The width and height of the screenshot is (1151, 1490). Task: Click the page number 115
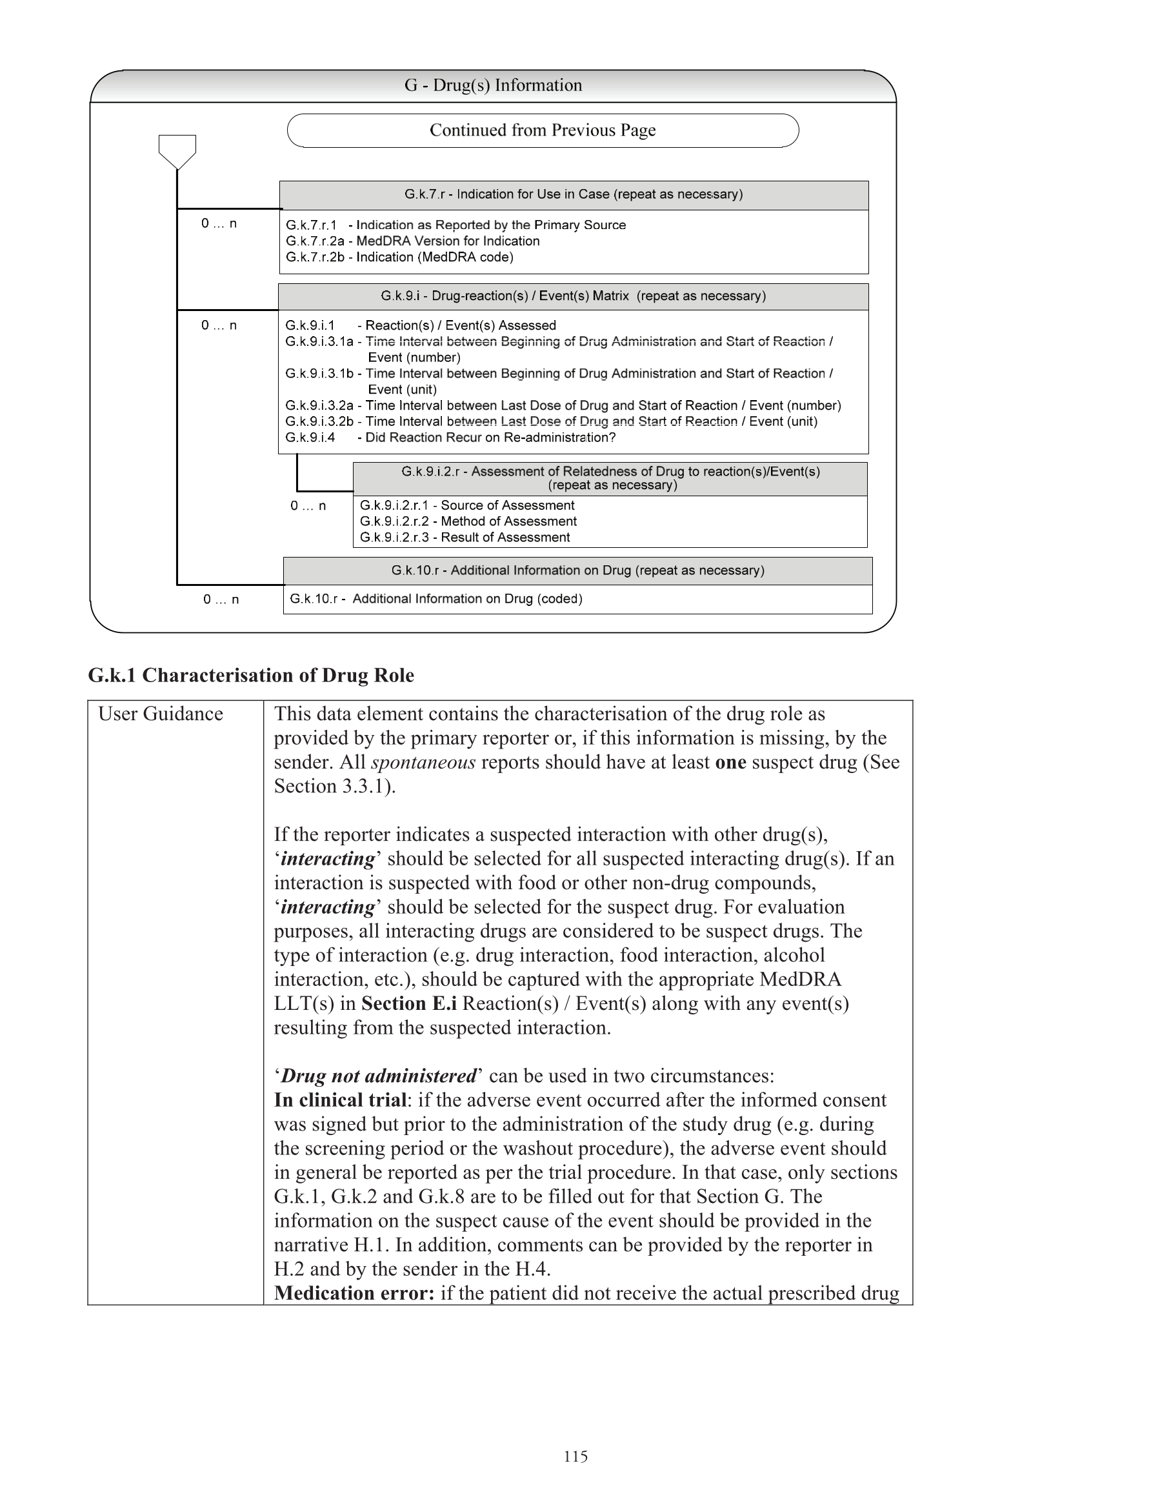575,1456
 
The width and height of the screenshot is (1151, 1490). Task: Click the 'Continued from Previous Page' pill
543,130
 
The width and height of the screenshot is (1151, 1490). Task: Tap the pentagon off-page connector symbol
177,150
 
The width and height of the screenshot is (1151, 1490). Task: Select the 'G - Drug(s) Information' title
493,85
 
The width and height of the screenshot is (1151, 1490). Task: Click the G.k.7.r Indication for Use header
573,194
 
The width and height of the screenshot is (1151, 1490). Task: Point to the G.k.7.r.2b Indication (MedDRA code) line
399,257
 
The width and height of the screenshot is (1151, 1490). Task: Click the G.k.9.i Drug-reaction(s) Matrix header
573,296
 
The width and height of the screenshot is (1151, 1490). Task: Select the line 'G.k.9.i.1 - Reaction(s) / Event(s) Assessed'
420,325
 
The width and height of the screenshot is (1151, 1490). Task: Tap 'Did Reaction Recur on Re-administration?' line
450,438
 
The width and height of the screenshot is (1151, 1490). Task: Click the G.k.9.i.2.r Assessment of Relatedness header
610,478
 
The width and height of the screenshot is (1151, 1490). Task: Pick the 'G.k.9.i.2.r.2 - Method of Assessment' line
468,521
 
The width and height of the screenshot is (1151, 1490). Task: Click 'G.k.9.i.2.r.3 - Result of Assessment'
465,538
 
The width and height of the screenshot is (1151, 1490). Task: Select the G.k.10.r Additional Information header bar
577,570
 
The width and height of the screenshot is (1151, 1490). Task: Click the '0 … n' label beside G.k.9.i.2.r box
308,505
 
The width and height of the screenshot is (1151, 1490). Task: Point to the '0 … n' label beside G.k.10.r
221,599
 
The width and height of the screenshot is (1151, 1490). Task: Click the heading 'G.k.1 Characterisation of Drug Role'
250,676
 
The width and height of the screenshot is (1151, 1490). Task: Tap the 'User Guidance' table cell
161,714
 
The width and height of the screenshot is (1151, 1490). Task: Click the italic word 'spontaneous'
423,762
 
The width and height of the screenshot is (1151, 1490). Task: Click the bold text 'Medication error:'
354,1293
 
